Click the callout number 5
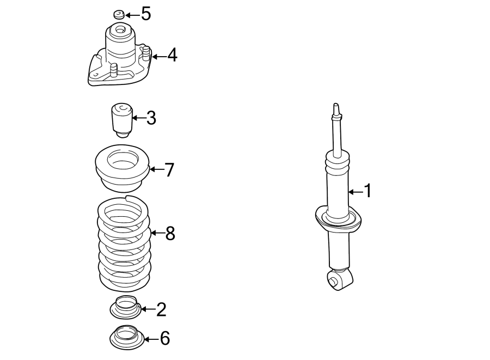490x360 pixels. pos(145,14)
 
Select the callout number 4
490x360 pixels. pos(172,55)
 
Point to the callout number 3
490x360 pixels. pos(151,117)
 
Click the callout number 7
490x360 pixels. pos(169,170)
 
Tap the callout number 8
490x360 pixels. pos(170,234)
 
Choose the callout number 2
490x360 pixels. pos(161,309)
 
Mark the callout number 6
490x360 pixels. pos(164,339)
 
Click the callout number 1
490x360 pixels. pos(367,191)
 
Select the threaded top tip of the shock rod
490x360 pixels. pos(336,108)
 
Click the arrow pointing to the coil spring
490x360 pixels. pos(157,234)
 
